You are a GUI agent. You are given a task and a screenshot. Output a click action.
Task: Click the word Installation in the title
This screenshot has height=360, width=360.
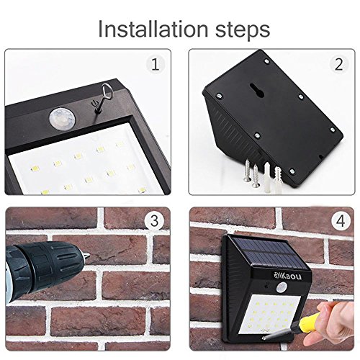coord(153,29)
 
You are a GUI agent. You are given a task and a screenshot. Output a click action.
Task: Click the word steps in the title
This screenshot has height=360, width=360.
coord(243,30)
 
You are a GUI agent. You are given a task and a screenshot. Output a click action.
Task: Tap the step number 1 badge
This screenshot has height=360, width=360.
coord(156,64)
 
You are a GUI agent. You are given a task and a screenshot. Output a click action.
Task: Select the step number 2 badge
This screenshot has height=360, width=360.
coord(338,64)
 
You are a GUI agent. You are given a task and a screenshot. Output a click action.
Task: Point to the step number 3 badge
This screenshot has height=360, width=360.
coord(154,221)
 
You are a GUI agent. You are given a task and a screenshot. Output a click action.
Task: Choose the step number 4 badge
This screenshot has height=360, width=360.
coord(341,221)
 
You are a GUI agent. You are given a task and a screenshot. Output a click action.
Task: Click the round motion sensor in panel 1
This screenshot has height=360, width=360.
coord(62,119)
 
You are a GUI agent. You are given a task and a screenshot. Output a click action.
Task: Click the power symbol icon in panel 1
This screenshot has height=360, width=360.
coord(94,104)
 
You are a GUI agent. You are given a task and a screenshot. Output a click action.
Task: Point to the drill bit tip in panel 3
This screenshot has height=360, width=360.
coord(87,255)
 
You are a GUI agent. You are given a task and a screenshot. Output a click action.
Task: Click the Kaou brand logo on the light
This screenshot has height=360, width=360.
coord(287,276)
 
